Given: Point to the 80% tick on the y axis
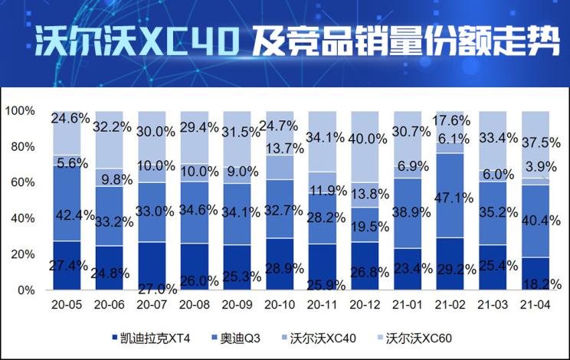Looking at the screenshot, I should coord(21,146).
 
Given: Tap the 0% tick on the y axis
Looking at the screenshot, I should coord(26,290).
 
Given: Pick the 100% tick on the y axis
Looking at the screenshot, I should coord(19,111).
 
